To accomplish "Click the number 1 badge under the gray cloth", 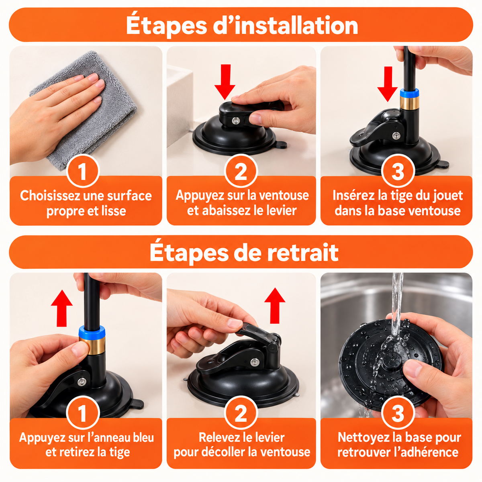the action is (83, 171).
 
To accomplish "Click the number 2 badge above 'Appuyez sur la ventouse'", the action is (241, 171).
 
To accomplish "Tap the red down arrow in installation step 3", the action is (388, 84).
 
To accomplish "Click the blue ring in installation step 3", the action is (409, 93).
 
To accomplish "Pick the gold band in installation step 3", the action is (409, 103).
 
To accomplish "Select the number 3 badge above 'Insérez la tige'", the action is (398, 171).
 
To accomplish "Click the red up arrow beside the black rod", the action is (61, 308).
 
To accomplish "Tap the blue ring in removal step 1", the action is (92, 332).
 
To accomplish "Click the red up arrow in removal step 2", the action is (275, 306).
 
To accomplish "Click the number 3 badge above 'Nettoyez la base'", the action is (398, 413).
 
